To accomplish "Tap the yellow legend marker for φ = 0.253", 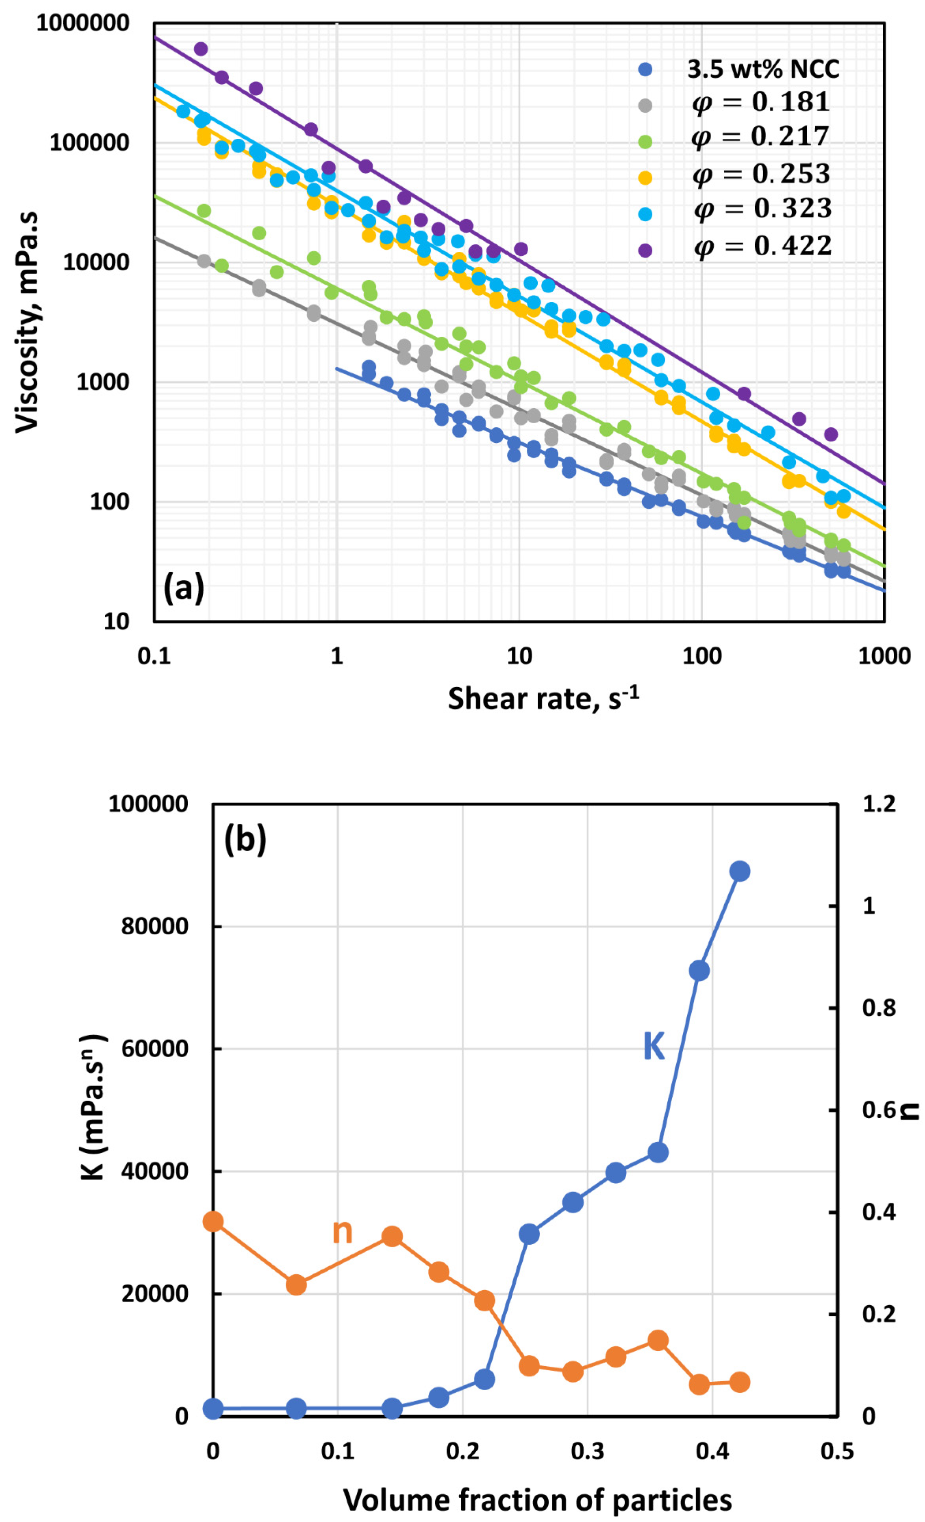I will pos(645,178).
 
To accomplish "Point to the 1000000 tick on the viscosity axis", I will pos(83,23).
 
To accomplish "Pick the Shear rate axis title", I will pos(543,699).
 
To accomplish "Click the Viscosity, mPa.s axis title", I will pos(27,321).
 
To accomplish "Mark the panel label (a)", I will pos(183,588).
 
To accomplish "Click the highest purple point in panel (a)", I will pos(201,49).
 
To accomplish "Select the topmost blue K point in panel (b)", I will pos(739,871).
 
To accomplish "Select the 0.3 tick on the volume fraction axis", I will pos(587,1451).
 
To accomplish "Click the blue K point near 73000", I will pos(699,971).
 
